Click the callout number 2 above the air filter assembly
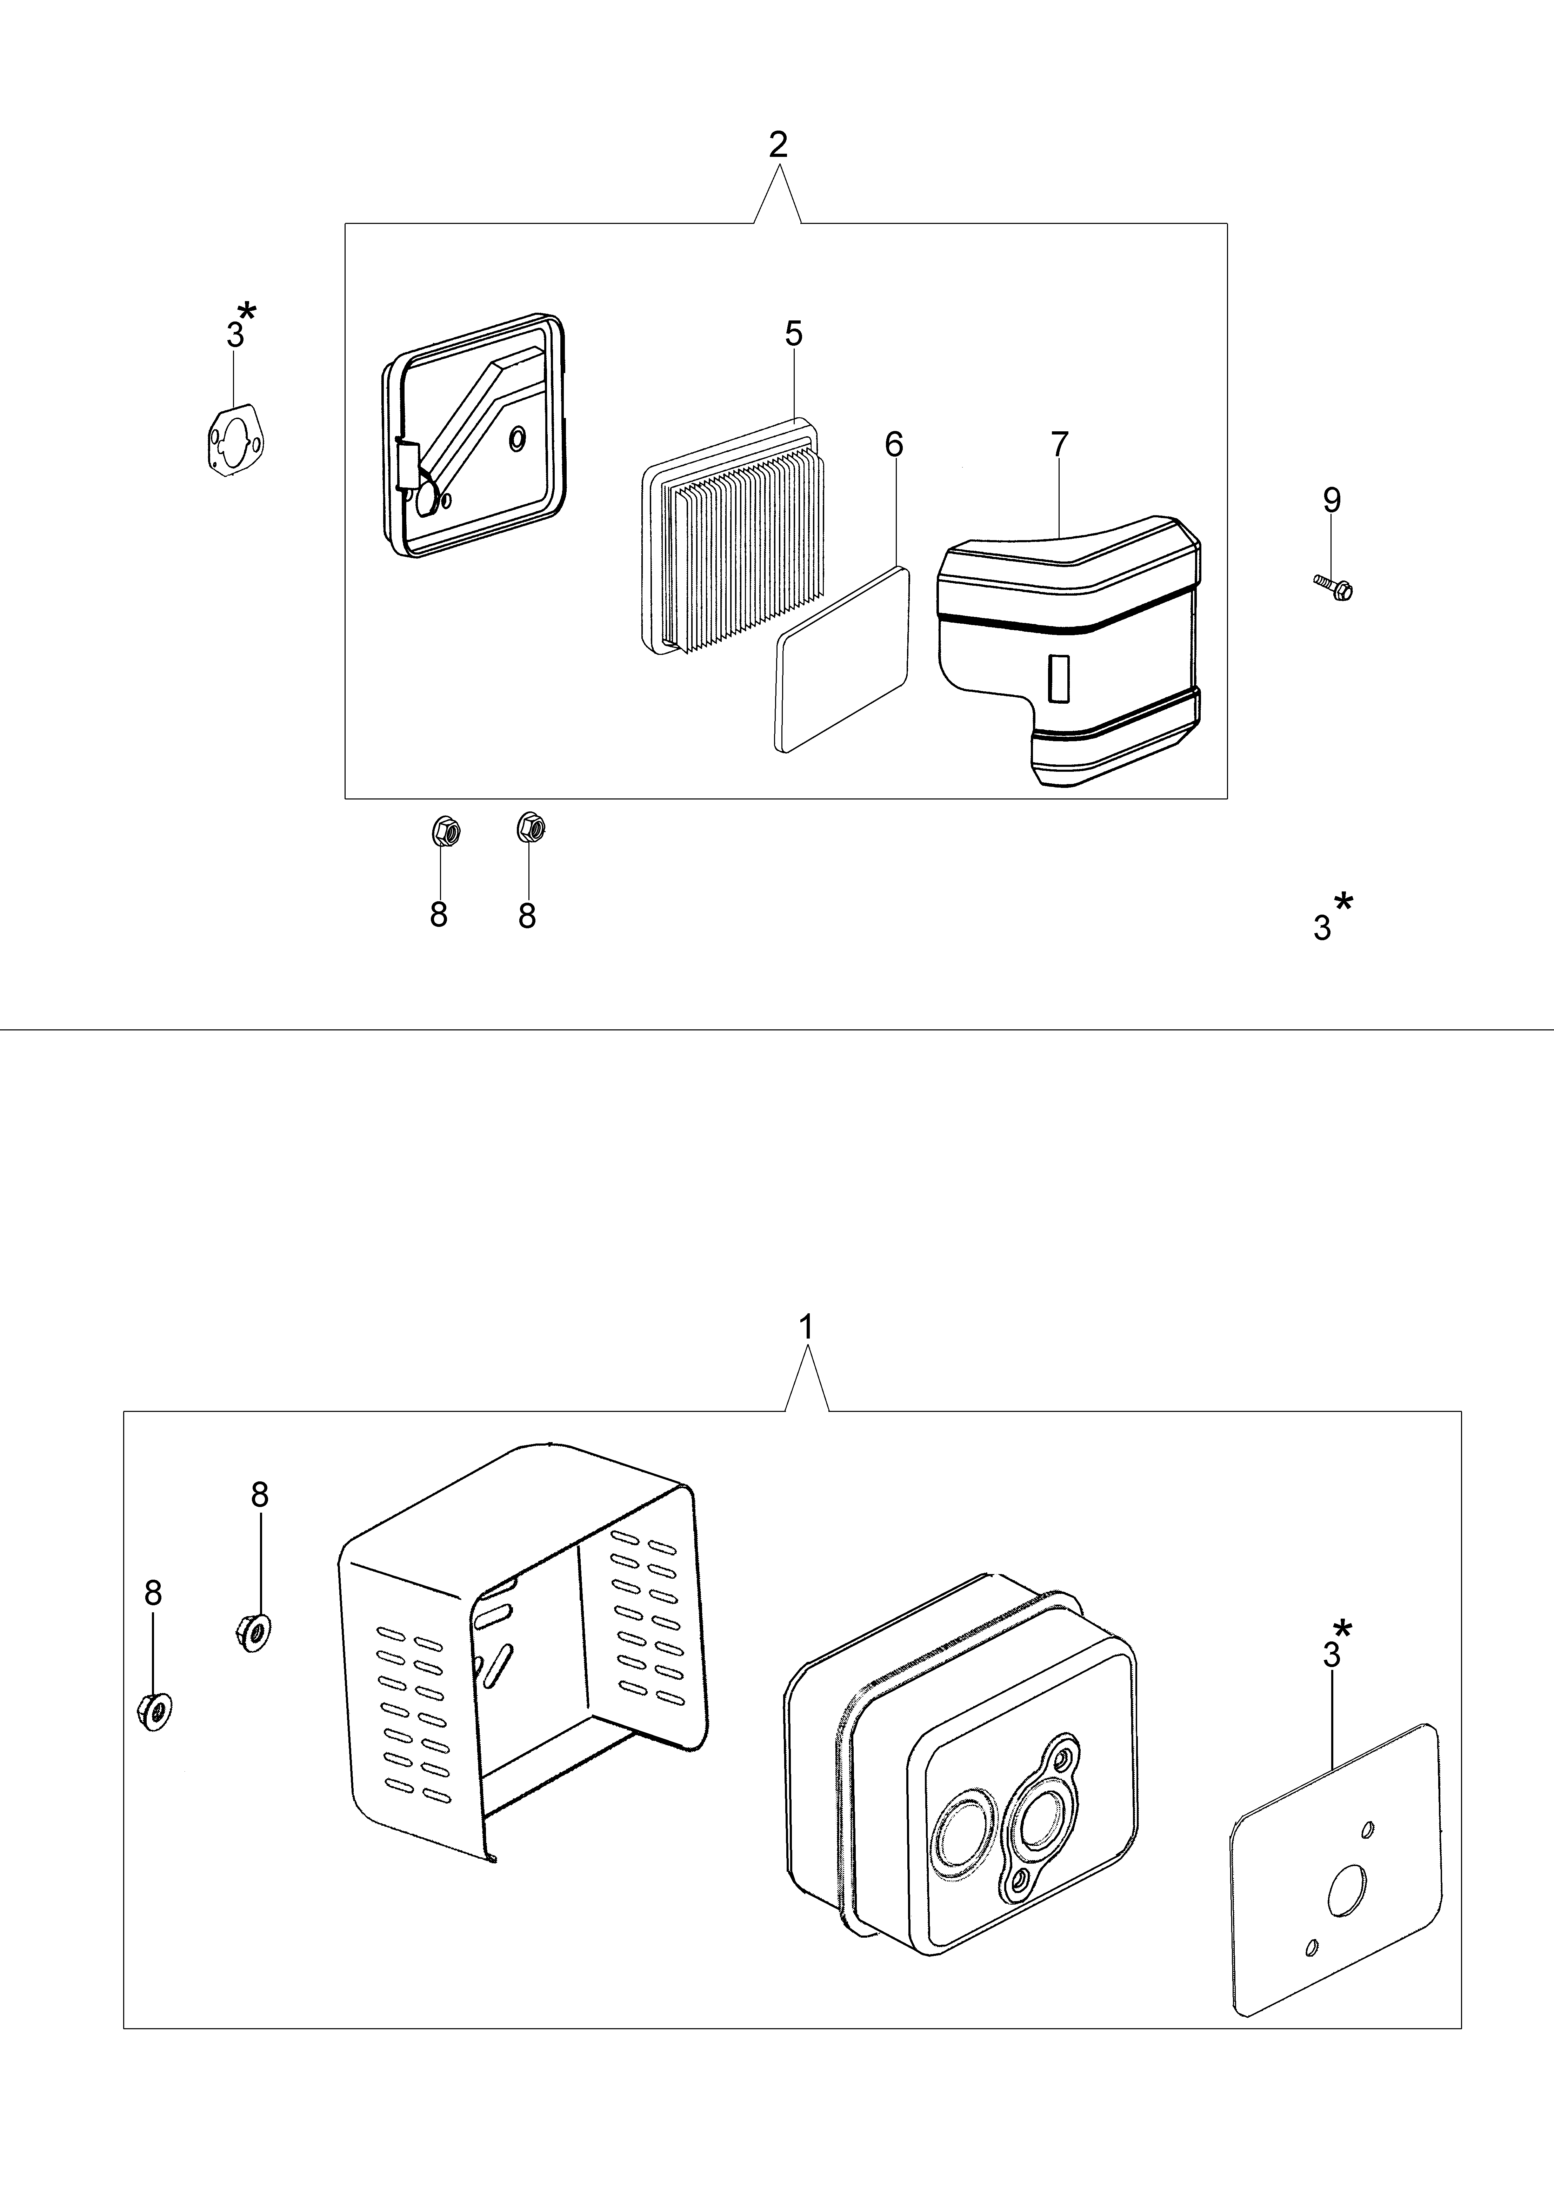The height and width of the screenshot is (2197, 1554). [x=778, y=145]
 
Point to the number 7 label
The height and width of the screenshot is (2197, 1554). [x=1059, y=445]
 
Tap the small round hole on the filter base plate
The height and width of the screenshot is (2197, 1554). [x=518, y=438]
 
